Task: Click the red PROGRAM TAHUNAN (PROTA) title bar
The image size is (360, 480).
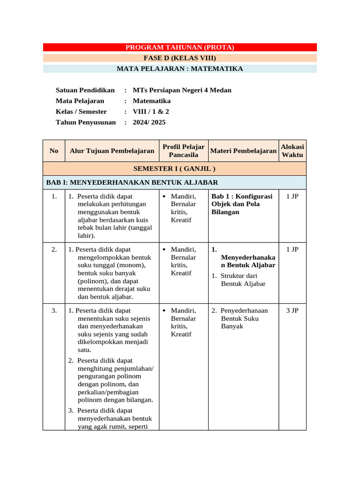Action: tap(180, 47)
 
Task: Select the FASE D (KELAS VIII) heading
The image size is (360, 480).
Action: tap(180, 58)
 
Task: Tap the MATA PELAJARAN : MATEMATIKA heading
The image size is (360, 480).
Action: tap(180, 69)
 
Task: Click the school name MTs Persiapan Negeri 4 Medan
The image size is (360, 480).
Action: tap(182, 90)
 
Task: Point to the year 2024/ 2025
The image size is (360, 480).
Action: tap(149, 122)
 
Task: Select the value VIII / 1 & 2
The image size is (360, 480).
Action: tap(151, 112)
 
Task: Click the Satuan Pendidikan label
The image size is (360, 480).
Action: tap(85, 90)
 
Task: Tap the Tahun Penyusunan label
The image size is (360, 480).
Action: tap(85, 122)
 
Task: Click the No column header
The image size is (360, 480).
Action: tap(54, 151)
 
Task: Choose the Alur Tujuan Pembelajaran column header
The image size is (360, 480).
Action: tap(112, 151)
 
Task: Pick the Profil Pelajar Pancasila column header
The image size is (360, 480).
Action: tap(183, 151)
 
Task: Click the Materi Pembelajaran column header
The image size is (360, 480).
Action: tap(243, 151)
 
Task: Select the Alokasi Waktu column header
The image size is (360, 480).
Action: tap(292, 151)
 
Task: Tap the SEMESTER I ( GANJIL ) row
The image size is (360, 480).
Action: tap(174, 169)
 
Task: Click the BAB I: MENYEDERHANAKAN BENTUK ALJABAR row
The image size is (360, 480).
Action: tap(132, 182)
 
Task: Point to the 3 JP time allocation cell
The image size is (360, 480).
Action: tap(292, 310)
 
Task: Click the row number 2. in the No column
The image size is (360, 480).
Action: tap(54, 249)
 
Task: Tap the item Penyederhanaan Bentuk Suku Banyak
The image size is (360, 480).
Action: tap(244, 318)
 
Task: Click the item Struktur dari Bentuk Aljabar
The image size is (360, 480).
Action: tap(243, 280)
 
